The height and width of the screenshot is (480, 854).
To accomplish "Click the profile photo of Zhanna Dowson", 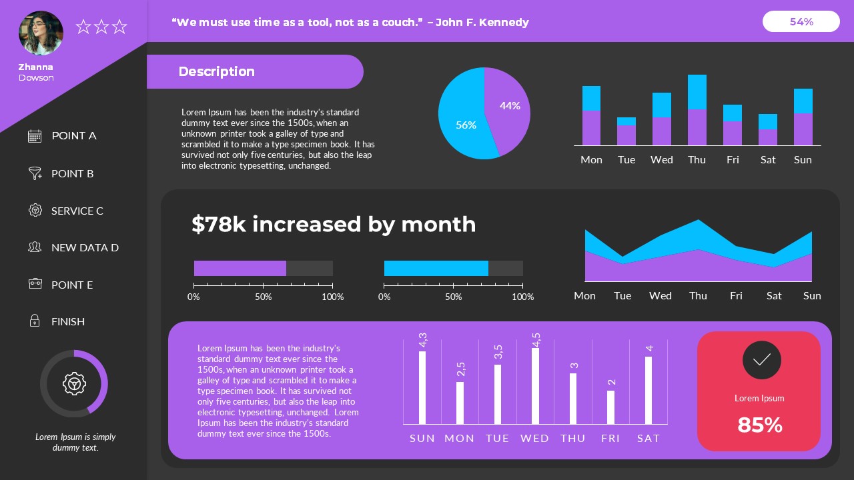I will (x=41, y=33).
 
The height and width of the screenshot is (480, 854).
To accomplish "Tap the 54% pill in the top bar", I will (x=801, y=21).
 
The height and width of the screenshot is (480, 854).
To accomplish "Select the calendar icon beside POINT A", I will (x=35, y=136).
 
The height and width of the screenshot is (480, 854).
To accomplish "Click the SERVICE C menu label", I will (x=77, y=211).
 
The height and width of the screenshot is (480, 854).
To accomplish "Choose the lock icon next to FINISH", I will (x=35, y=321).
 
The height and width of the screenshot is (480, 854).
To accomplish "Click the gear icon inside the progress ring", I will (x=74, y=383).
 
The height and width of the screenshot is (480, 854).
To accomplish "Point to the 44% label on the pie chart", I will (x=510, y=105).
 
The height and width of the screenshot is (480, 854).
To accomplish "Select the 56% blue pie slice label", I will (x=466, y=125).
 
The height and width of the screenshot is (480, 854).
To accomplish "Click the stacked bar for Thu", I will (x=697, y=110).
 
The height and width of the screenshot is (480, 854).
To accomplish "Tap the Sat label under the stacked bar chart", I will (x=768, y=159).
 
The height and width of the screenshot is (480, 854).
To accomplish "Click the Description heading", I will (x=216, y=71).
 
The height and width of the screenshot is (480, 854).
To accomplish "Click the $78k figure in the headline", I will (x=218, y=224).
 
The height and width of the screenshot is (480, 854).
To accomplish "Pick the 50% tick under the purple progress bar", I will (x=263, y=297).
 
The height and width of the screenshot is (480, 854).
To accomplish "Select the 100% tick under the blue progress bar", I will (x=522, y=297).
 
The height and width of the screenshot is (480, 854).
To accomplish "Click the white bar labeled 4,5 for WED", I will (x=535, y=385).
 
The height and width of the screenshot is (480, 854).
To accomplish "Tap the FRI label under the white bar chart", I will (x=610, y=438).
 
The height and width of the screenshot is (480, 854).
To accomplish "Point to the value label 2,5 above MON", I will (x=460, y=369).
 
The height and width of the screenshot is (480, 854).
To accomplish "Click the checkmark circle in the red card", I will (x=761, y=360).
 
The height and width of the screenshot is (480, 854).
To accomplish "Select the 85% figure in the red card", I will (x=759, y=425).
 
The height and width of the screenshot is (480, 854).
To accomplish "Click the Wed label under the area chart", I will (x=660, y=295).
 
